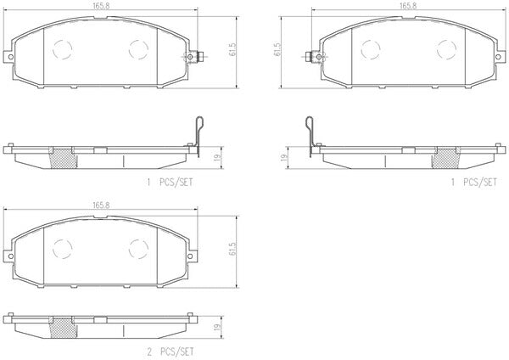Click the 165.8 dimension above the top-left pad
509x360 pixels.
tap(101, 6)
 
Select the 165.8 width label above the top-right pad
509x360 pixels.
tap(408, 6)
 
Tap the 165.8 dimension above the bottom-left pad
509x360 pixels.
tap(101, 205)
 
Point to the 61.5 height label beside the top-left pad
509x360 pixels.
tap(232, 50)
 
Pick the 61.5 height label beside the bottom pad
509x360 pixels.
tap(232, 249)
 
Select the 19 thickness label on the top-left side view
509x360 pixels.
tap(218, 158)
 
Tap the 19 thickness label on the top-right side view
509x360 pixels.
tap(284, 158)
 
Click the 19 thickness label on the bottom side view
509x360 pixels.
tap(218, 327)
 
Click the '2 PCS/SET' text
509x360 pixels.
tap(171, 352)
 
